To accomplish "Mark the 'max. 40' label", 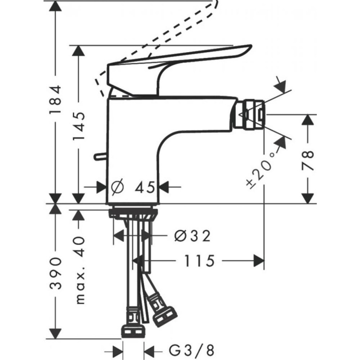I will (79, 269).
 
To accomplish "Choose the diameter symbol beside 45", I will (117, 186).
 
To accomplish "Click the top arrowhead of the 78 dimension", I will (308, 119).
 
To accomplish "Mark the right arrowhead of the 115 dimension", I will (259, 260).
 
